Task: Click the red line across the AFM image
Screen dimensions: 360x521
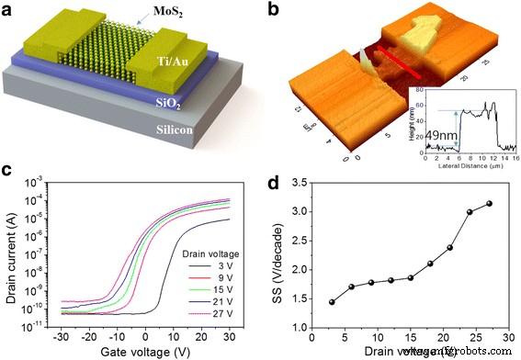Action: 403,65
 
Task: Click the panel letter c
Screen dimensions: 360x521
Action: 9,170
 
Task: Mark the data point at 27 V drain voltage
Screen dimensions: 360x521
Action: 488,204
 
